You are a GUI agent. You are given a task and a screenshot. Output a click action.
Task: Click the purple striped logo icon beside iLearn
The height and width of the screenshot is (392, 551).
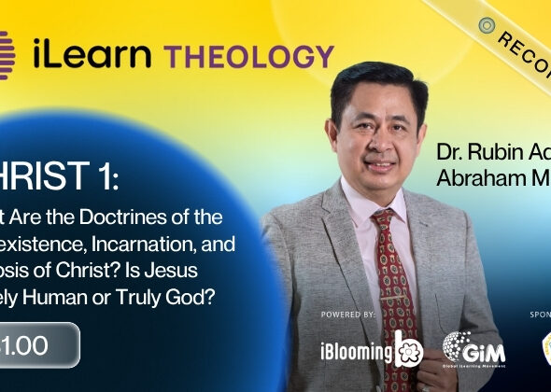pos(7,52)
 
